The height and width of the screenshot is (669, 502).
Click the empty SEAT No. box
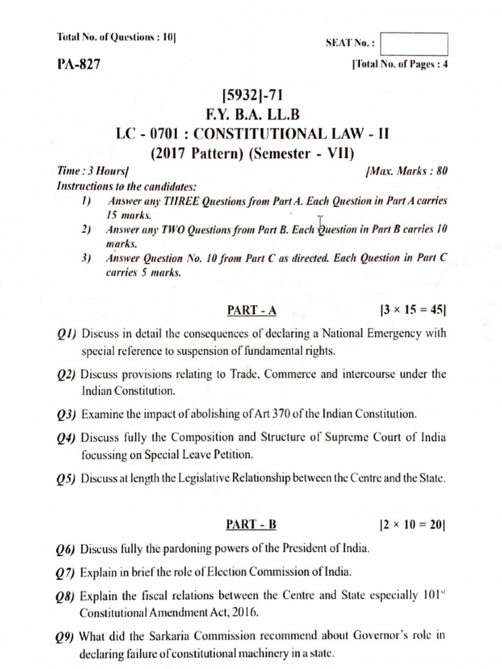pyautogui.click(x=414, y=44)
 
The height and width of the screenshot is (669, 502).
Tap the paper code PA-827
pyautogui.click(x=79, y=65)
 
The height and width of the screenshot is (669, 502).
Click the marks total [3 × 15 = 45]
pyautogui.click(x=412, y=310)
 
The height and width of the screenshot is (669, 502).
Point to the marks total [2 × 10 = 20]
pyautogui.click(x=412, y=524)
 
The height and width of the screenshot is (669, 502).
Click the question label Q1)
pyautogui.click(x=66, y=334)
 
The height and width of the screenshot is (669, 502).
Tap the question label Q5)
pyautogui.click(x=67, y=479)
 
